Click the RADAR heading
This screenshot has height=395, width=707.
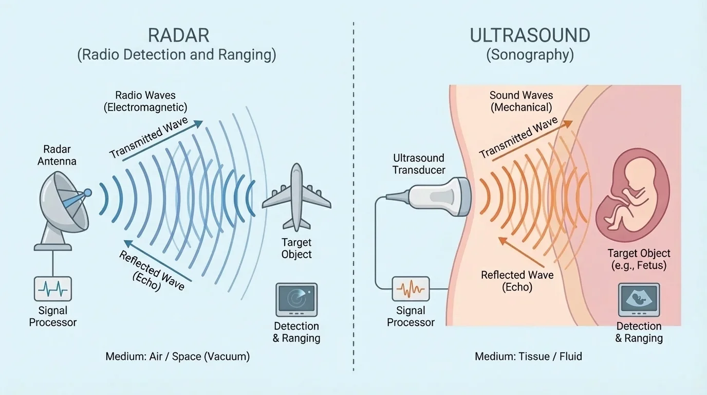pos(178,35)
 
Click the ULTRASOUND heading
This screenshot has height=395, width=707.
pos(530,35)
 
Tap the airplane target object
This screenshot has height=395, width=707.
pos(296,198)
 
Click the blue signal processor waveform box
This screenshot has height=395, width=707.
pos(53,289)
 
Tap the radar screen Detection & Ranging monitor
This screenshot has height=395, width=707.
pos(296,299)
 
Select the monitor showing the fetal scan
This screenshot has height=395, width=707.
pos(639,299)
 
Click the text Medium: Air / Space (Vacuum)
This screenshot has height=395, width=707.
pos(177,356)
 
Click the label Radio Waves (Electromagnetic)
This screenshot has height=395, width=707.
pos(145,101)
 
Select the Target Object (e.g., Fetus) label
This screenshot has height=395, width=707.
pos(639,259)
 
